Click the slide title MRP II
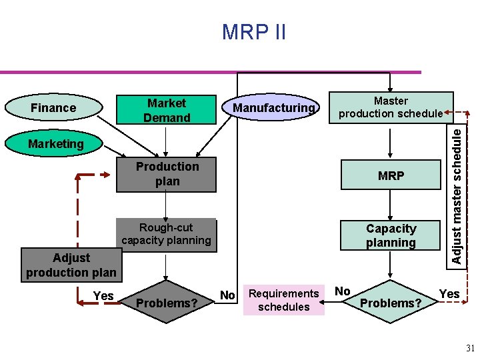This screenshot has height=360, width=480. click(254, 31)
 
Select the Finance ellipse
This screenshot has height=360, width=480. click(53, 107)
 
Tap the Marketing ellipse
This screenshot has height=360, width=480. click(55, 143)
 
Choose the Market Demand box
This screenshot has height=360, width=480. click(167, 110)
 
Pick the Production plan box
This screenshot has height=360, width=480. click(167, 174)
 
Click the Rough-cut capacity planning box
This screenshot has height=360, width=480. click(166, 234)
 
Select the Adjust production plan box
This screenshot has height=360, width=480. click(71, 265)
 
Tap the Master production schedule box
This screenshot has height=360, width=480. click(391, 107)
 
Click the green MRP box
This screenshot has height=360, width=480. click(391, 176)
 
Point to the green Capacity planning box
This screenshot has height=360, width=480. click(391, 235)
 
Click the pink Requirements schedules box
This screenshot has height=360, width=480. click(284, 300)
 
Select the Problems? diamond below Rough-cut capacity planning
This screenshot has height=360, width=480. click(167, 303)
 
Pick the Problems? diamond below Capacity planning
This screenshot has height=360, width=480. click(391, 303)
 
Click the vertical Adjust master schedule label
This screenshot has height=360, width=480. click(456, 194)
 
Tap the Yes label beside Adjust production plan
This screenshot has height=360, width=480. click(103, 295)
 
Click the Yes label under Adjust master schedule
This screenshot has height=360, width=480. click(449, 293)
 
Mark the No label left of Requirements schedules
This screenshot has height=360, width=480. click(227, 295)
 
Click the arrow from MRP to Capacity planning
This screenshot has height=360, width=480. click(391, 205)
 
